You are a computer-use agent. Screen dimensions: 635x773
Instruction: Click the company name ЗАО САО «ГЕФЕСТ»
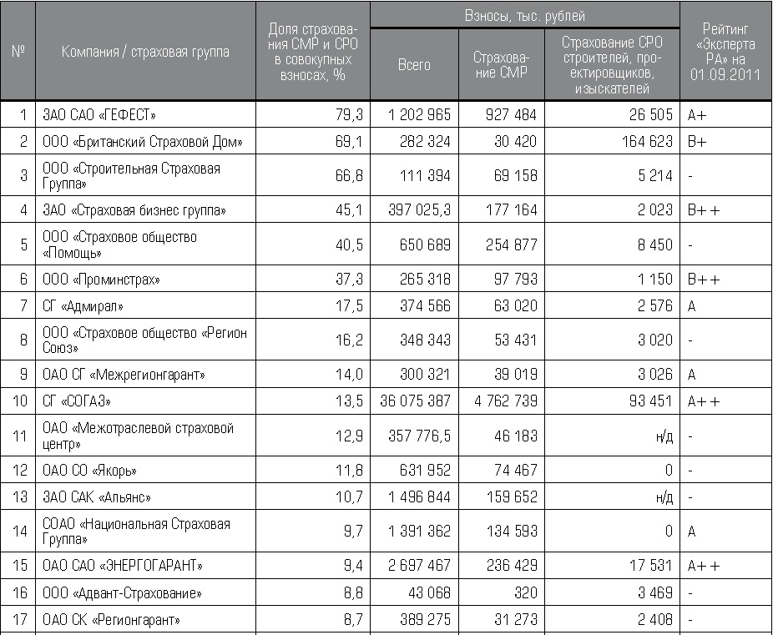tap(99, 115)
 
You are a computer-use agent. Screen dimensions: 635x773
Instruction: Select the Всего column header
tap(414, 64)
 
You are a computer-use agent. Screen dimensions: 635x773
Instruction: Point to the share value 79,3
tap(349, 115)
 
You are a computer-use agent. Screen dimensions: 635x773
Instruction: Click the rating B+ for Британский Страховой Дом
tap(697, 142)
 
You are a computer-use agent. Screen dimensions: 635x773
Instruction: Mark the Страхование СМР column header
tap(501, 64)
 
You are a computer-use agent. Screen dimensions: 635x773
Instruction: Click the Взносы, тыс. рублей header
tap(524, 16)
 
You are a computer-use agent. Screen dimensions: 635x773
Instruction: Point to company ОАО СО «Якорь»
tap(89, 471)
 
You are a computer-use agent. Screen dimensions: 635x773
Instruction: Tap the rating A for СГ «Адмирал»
tap(693, 306)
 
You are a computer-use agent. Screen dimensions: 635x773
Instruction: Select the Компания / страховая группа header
tap(145, 52)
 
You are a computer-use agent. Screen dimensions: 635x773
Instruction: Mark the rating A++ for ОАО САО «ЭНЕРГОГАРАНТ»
tap(704, 566)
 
